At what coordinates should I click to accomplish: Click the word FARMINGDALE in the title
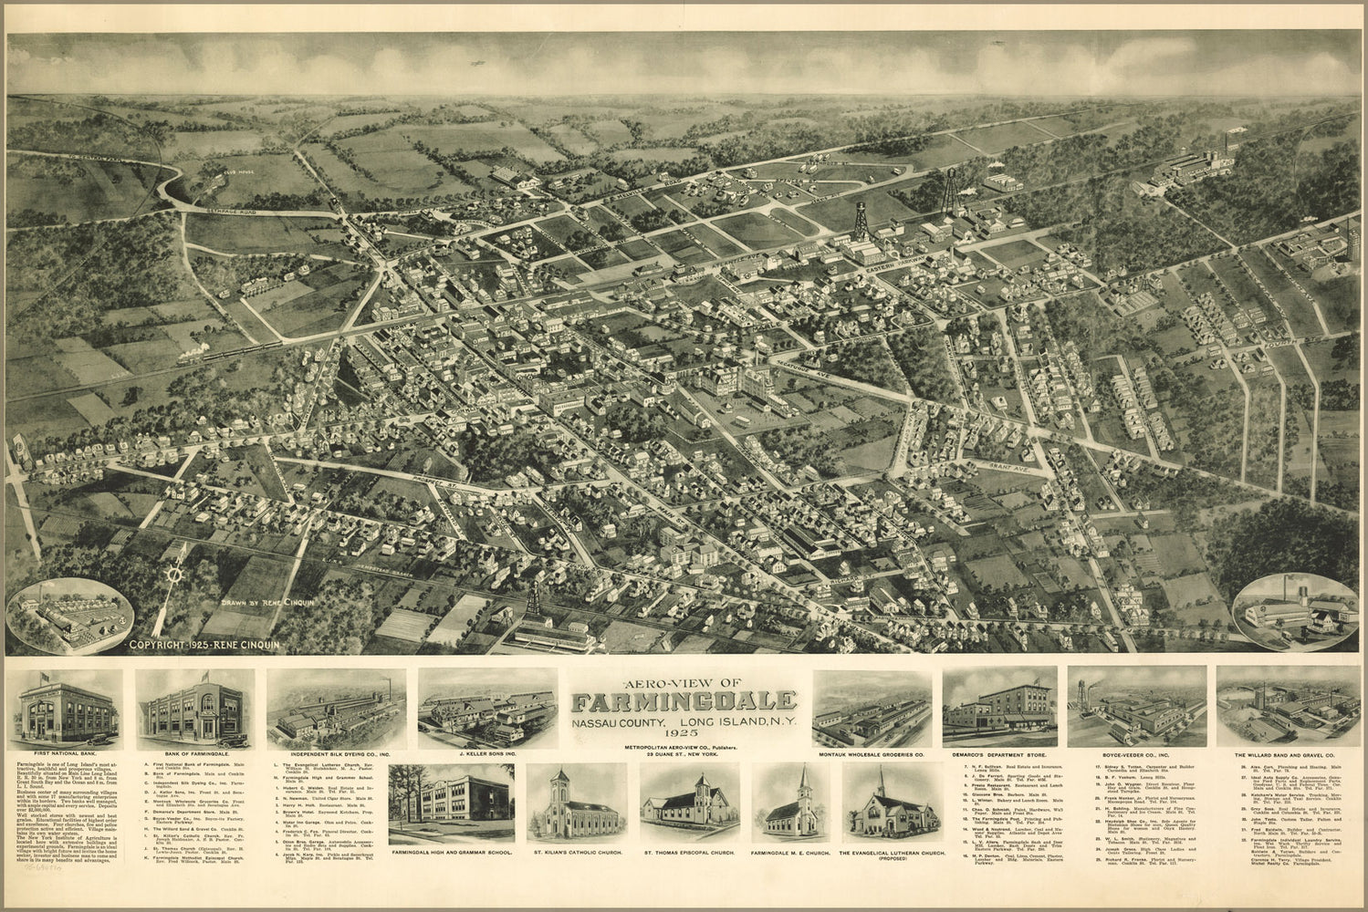click(x=684, y=702)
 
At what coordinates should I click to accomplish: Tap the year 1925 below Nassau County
click(x=684, y=732)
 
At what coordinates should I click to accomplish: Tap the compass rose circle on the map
click(x=176, y=575)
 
